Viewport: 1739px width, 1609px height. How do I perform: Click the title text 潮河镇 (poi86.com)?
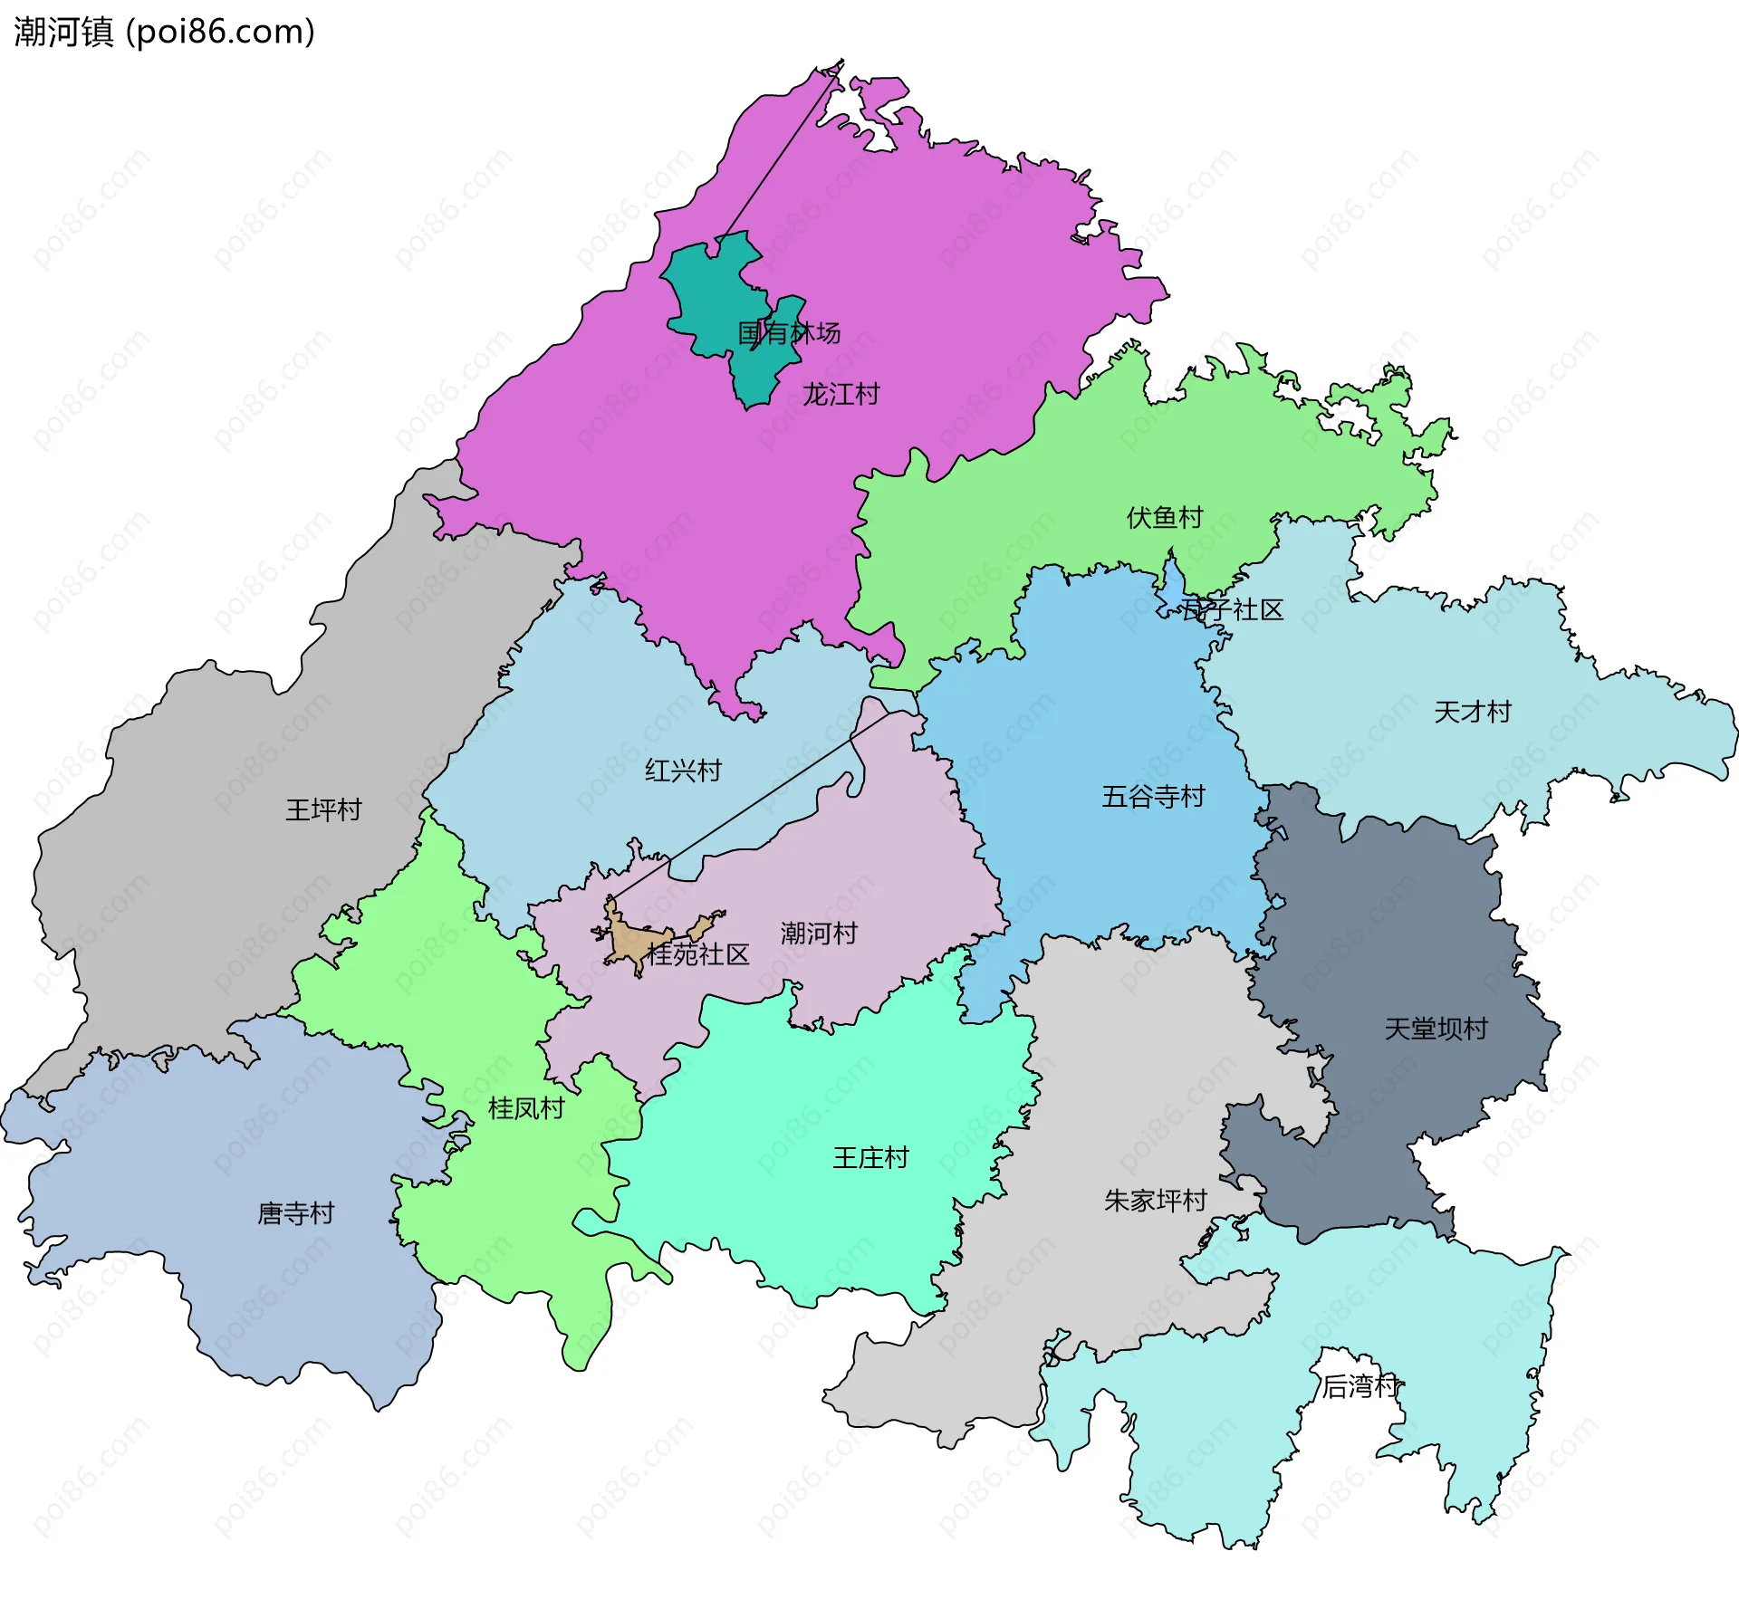click(x=164, y=32)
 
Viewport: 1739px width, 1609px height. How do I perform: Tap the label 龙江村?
click(x=840, y=394)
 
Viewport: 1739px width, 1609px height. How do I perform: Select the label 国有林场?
click(x=788, y=332)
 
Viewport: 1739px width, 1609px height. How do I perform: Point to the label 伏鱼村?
click(x=1164, y=517)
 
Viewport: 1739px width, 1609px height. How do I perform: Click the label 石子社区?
click(x=1232, y=609)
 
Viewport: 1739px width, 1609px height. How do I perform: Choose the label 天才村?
click(x=1472, y=712)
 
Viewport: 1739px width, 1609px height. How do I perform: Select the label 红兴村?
click(x=682, y=771)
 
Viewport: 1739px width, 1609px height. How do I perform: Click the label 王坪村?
click(x=323, y=809)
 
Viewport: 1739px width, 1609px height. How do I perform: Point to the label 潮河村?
click(x=818, y=933)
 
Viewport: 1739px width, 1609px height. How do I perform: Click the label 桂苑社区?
click(x=697, y=953)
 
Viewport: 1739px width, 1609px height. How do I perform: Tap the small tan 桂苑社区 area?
click(x=628, y=943)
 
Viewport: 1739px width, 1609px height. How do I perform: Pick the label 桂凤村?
click(x=525, y=1107)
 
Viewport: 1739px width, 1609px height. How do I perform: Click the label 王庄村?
click(x=869, y=1157)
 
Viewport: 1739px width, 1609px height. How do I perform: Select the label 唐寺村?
click(x=295, y=1212)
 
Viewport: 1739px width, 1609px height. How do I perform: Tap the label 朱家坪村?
click(x=1155, y=1200)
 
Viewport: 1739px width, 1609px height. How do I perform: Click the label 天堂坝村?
click(x=1436, y=1029)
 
